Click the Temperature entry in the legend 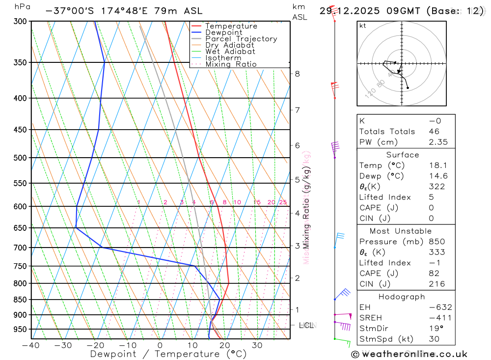click(231, 26)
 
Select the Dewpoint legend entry click(223, 32)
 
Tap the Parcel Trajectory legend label click(241, 39)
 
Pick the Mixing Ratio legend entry click(231, 64)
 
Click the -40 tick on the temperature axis click(30, 345)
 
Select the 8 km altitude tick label click(297, 74)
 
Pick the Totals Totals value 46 click(434, 131)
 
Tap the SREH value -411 click(440, 318)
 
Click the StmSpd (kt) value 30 click(434, 338)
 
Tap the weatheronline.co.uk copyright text click(409, 354)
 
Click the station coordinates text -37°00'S click(68, 11)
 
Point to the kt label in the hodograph click(363, 26)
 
